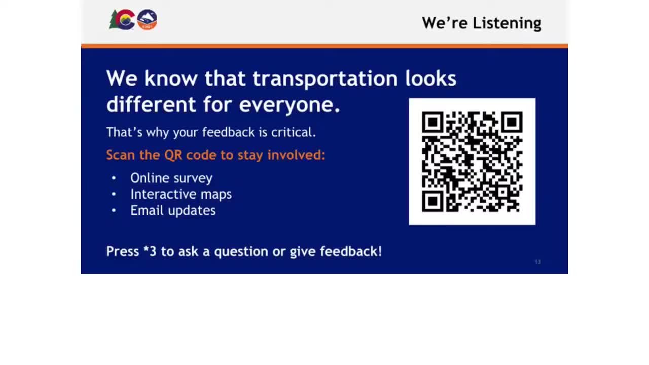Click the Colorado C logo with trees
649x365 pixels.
point(122,20)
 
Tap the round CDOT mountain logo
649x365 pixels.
point(147,20)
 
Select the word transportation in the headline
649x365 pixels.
point(325,79)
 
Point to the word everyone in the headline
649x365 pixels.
point(289,104)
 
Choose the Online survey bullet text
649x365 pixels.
point(171,178)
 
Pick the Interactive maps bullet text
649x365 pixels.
point(181,194)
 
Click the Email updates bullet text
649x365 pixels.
point(173,210)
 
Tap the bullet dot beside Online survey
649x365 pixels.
point(114,178)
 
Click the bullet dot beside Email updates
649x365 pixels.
point(114,210)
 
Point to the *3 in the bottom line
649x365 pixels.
point(150,251)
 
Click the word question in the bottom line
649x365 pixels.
point(241,251)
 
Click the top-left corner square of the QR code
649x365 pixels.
point(432,122)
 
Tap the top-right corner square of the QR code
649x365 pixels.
point(512,122)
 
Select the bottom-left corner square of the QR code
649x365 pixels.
point(432,201)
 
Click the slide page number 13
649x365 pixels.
point(537,262)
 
